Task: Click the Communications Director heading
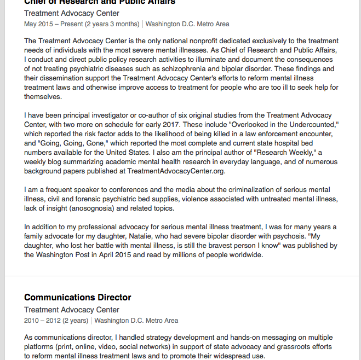77,298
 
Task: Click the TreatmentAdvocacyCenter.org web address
176,171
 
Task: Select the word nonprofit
179,41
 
